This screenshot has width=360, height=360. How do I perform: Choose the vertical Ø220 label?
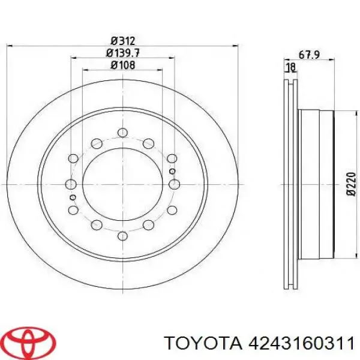(352, 184)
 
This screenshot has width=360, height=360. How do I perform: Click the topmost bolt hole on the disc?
(122, 132)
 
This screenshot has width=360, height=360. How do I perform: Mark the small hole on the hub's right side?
(173, 171)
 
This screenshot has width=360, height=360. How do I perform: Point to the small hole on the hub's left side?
(73, 197)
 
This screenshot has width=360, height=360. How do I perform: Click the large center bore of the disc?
(122, 184)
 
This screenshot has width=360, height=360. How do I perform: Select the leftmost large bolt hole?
(71, 184)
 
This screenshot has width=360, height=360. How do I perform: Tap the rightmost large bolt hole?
(174, 184)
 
